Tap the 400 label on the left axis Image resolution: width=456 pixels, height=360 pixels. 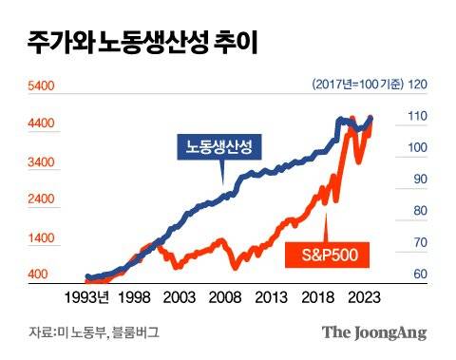37,275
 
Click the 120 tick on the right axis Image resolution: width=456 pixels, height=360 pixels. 418,85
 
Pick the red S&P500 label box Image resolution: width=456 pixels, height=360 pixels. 328,255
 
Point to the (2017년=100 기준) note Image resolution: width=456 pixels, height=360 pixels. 355,85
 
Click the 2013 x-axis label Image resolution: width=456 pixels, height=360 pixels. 271,297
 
